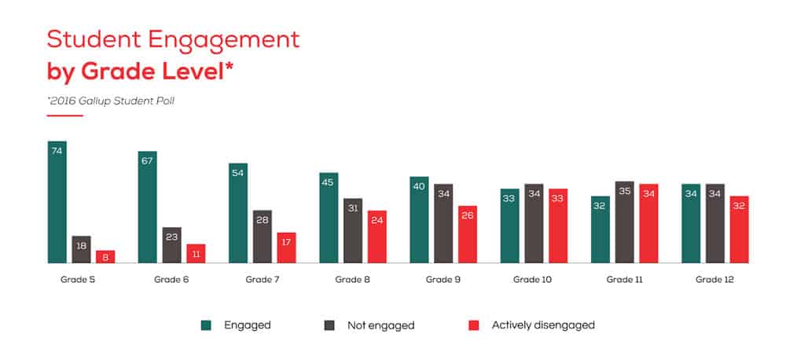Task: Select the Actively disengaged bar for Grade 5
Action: pos(105,256)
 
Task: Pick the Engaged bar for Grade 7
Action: pos(238,213)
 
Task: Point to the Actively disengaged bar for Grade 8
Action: pos(377,237)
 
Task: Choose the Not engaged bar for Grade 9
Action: pos(443,223)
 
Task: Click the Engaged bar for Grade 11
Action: pos(601,229)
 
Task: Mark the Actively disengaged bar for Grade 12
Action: pos(739,229)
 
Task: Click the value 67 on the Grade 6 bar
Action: pos(148,161)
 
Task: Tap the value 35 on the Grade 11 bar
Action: pos(625,191)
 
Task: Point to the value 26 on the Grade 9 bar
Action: pos(468,216)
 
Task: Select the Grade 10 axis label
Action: pos(532,279)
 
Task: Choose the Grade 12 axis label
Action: pos(714,279)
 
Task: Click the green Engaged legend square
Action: pos(206,324)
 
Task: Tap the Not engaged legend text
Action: pos(380,324)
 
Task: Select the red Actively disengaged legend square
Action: pos(472,324)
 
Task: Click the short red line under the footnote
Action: pos(65,116)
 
